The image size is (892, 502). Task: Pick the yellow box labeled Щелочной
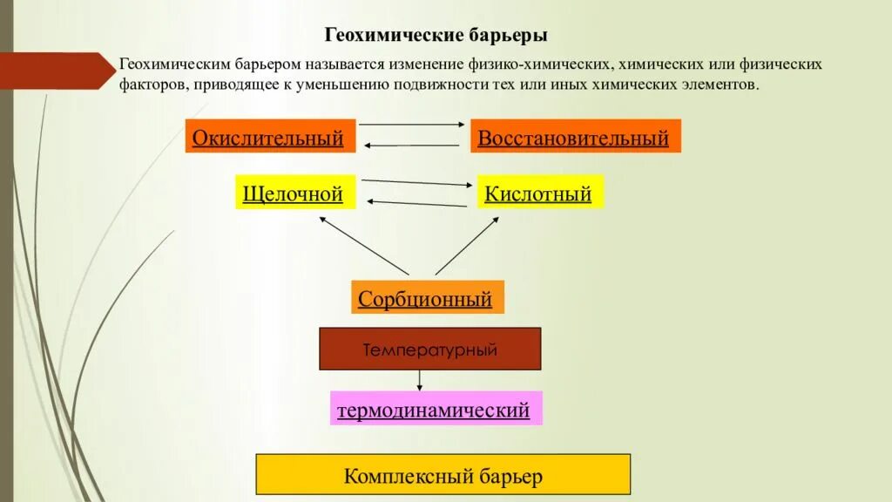[295, 193]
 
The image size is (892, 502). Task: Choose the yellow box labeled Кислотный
[539, 193]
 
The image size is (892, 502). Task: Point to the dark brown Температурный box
[430, 349]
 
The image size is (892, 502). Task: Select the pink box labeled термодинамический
[436, 409]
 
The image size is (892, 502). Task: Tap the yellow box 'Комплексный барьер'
[443, 475]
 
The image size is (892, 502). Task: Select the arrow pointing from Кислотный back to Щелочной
[416, 203]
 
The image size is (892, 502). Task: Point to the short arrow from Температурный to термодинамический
[420, 380]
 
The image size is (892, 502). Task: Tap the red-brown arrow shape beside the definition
[56, 71]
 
